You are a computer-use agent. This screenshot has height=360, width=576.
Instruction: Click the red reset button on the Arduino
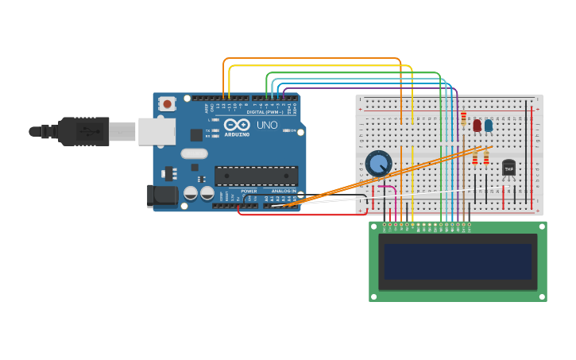point(167,104)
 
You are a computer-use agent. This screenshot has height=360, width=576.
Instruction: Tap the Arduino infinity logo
point(237,125)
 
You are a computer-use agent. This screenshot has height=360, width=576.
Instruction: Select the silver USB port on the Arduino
point(157,131)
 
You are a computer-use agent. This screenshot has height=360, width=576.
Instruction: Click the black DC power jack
point(163,195)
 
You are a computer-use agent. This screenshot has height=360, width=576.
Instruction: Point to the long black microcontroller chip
point(256,176)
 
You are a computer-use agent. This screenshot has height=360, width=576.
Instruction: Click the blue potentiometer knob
point(379,164)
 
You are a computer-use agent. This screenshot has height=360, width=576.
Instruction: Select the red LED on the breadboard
point(477,125)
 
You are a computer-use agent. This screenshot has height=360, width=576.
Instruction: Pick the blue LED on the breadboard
point(488,125)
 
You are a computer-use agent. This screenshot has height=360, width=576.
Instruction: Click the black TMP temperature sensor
point(508,168)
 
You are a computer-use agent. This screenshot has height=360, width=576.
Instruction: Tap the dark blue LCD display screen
point(457,261)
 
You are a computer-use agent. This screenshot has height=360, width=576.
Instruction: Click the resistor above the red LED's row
point(463,118)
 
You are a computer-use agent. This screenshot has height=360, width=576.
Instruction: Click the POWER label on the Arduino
point(249,192)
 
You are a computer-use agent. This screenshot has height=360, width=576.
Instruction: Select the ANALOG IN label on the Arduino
point(284,192)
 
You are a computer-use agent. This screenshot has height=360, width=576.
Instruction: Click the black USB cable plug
point(83,131)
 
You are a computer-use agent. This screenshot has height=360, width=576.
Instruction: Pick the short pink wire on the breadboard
point(388,188)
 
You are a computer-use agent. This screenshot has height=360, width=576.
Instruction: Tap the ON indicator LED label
point(292,130)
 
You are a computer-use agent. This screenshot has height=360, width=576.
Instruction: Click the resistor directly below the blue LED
point(486,157)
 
